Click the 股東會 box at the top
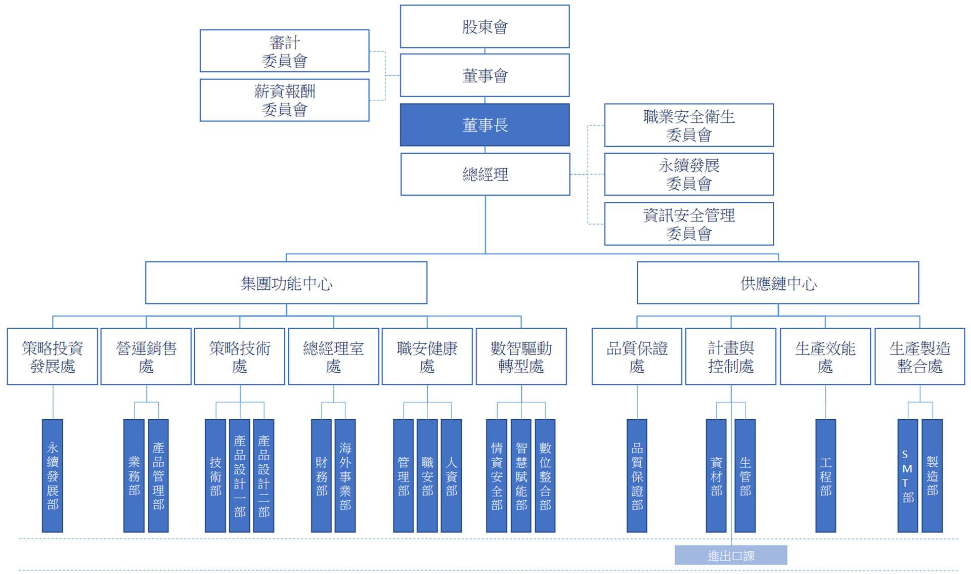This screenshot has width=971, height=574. [x=484, y=27]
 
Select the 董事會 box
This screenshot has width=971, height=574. [x=484, y=75]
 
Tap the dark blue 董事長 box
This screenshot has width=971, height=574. [x=484, y=125]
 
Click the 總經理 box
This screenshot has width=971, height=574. [x=485, y=174]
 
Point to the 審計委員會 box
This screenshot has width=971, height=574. [x=284, y=51]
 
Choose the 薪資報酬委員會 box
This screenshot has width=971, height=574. [x=284, y=100]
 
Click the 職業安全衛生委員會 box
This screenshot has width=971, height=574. [x=689, y=125]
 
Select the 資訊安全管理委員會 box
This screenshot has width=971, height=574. [x=689, y=224]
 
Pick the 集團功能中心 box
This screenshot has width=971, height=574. [x=286, y=283]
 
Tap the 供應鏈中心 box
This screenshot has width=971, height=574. [x=778, y=283]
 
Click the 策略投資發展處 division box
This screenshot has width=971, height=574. [x=53, y=357]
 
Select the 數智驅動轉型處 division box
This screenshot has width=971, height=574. [x=521, y=357]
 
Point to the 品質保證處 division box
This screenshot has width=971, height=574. [x=637, y=357]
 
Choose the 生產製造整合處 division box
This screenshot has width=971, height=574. [x=919, y=357]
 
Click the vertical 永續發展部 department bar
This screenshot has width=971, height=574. [x=53, y=475]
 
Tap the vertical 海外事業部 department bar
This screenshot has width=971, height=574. [x=345, y=475]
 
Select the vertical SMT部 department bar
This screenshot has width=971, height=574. [x=907, y=475]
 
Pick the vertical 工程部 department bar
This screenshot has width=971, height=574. [x=825, y=475]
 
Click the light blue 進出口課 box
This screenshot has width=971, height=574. [x=731, y=555]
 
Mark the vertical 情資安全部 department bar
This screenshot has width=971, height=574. [x=497, y=475]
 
